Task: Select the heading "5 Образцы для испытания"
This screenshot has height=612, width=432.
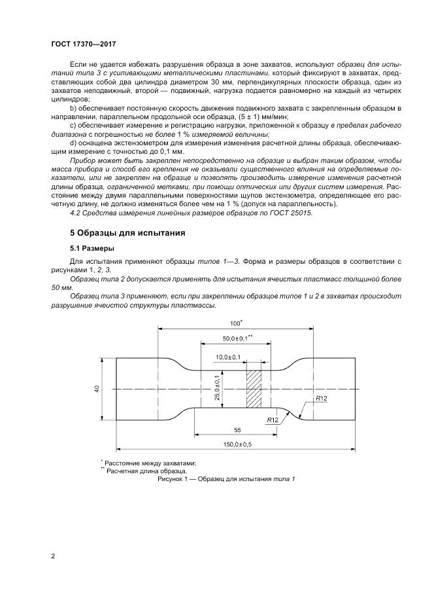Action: (128, 232)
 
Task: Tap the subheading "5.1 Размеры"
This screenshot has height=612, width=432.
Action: (91, 248)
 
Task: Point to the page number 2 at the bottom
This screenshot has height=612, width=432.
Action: (53, 556)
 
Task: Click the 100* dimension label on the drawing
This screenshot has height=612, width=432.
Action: (236, 323)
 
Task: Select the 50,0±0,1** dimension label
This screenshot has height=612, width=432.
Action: (237, 339)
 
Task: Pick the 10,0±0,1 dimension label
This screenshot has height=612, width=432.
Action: (228, 357)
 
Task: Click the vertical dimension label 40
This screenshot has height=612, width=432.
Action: (96, 389)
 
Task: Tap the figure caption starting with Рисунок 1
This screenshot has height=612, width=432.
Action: (226, 479)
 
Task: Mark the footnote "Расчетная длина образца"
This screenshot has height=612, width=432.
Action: (146, 471)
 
